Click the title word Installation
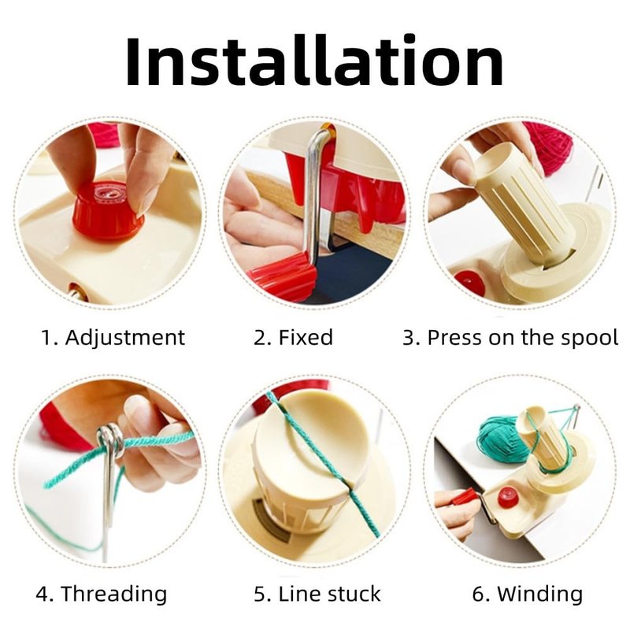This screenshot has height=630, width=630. click(314, 61)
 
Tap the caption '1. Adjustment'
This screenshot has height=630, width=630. click(113, 338)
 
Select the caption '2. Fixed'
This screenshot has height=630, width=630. click(293, 338)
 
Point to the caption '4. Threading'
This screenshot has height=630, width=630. click(102, 594)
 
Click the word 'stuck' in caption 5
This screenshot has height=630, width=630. click(354, 594)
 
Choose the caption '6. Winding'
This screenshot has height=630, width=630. click(527, 595)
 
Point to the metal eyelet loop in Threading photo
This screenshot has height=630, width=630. click(111, 439)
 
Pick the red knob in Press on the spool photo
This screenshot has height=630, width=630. click(470, 282)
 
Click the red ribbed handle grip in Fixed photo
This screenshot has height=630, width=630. click(282, 276)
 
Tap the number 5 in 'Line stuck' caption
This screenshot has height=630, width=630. click(260, 595)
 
